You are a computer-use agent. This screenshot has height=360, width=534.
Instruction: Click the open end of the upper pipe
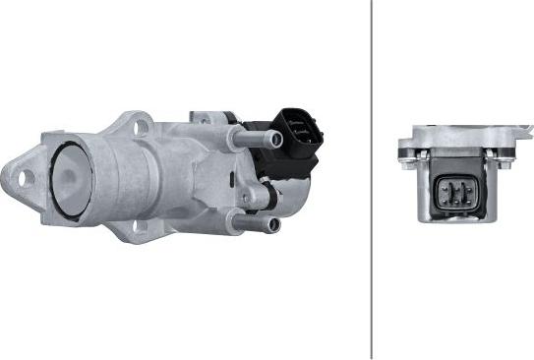point(276,141)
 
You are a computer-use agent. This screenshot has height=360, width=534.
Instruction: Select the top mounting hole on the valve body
point(141,125)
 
